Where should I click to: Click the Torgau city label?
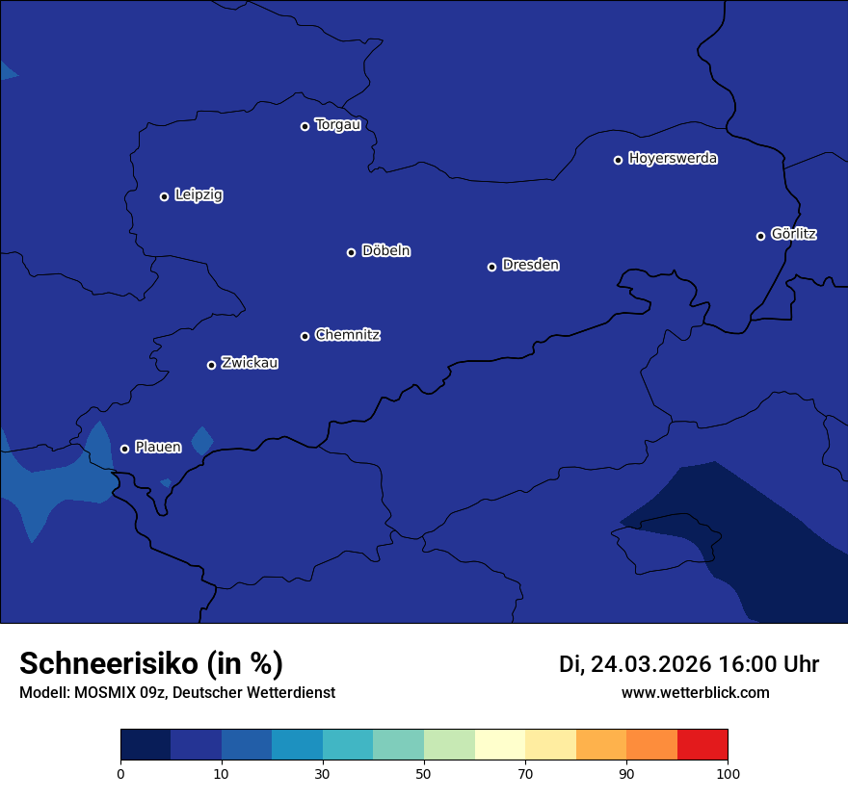click(x=337, y=125)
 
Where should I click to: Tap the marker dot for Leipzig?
click(x=165, y=196)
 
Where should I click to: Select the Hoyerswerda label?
click(x=673, y=159)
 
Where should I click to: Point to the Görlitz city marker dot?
click(x=760, y=236)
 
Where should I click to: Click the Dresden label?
click(x=530, y=265)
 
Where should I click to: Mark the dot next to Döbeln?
click(x=352, y=252)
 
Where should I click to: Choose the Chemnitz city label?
click(x=347, y=335)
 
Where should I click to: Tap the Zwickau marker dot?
click(x=212, y=365)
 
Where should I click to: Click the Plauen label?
click(x=158, y=447)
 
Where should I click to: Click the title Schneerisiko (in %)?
click(x=151, y=664)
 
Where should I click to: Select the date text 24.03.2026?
click(x=650, y=664)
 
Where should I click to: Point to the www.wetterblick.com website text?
click(x=695, y=692)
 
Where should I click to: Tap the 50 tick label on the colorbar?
click(x=424, y=773)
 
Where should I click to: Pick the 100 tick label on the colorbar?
click(x=728, y=773)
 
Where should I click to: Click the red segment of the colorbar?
click(x=702, y=745)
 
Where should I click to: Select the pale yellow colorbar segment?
click(x=500, y=745)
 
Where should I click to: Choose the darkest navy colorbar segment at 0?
click(x=146, y=745)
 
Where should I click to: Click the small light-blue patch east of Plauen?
click(x=201, y=440)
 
